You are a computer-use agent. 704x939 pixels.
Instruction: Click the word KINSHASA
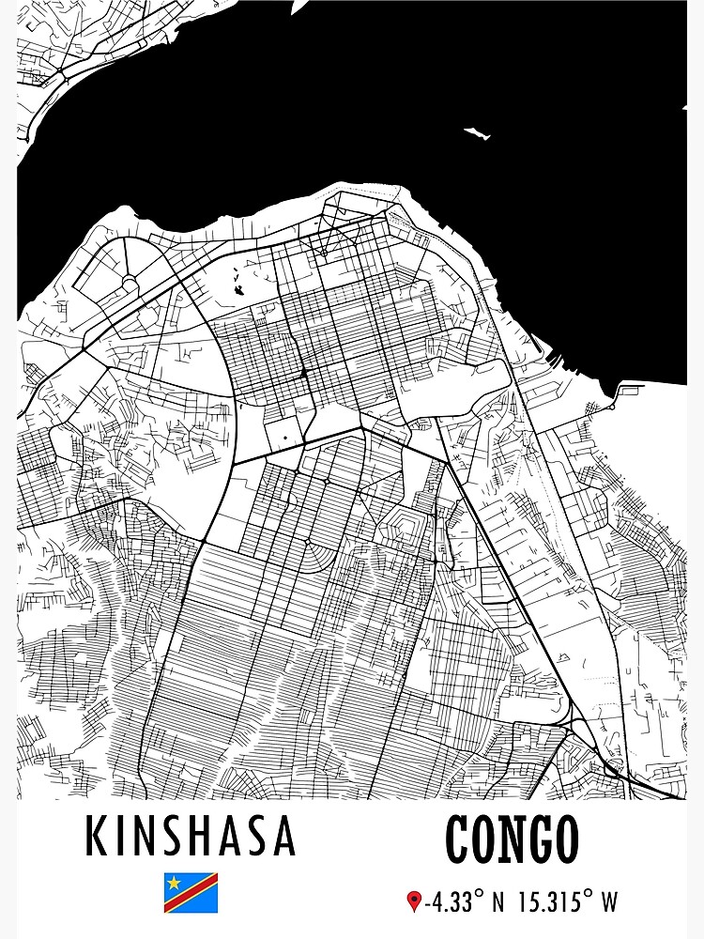tap(191, 836)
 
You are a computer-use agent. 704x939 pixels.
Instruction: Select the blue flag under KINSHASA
tap(191, 892)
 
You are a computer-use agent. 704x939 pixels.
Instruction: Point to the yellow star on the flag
tap(174, 882)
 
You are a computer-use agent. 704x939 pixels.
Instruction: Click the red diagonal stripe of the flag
tap(191, 893)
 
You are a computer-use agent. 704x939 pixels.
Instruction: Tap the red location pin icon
tap(414, 902)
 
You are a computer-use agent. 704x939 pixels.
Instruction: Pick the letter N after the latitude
tap(497, 903)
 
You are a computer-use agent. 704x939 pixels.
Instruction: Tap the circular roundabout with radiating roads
tap(129, 284)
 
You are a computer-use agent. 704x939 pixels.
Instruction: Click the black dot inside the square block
tap(284, 438)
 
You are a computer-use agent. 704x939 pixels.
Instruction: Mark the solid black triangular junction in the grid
tap(304, 374)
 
